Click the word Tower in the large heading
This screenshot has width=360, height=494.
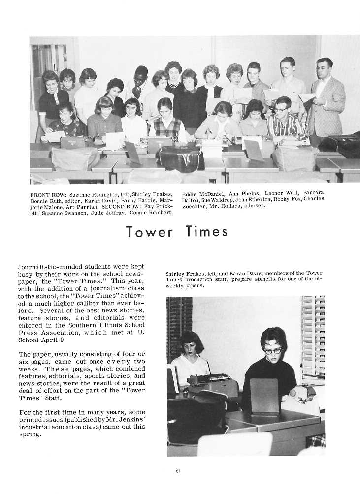(149, 231)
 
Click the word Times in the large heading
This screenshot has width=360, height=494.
(207, 231)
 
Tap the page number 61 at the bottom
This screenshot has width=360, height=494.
(178, 471)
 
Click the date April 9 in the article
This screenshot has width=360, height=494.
(56, 340)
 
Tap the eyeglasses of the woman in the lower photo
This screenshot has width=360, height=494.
(273, 351)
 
